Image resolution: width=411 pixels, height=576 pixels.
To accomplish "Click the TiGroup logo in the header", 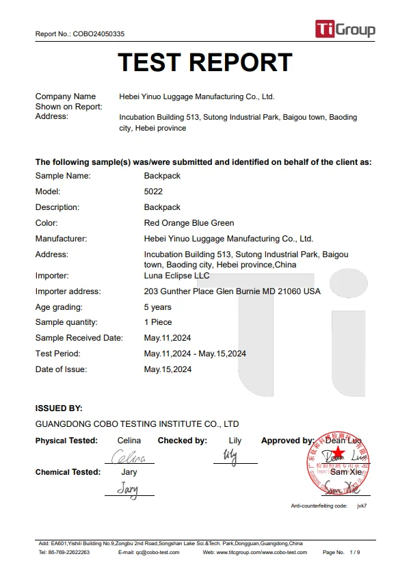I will pos(345,29).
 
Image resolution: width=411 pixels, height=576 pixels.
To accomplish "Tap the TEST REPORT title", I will pos(205,62).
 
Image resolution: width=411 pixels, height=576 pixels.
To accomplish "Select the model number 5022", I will pos(153,192).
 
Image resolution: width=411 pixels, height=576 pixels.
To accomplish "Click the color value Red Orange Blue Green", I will pos(189,223).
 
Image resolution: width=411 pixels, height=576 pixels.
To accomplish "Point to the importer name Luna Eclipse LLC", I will pos(176,276).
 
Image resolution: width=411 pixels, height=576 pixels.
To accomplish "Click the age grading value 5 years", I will pos(157,307).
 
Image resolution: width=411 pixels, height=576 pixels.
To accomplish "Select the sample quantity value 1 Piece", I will pos(158,322).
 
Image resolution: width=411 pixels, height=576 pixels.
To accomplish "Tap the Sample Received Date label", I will pos(79,338).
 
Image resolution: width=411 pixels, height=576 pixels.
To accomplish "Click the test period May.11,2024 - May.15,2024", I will pos(195,354).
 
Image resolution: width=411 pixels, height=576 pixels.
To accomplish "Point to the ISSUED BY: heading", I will pos(59,408).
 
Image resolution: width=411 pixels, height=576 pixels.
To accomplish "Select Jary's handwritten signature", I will pos(128,488).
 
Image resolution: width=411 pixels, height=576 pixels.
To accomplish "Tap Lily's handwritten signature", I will pos(231,456).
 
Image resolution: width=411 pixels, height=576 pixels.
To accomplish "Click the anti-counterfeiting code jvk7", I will pos(362,506).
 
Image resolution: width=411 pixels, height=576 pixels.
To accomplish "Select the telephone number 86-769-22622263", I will pos(68,552).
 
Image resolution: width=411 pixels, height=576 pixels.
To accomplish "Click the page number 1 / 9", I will pos(354,552).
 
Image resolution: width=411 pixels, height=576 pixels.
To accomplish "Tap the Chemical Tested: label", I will pos(68,472).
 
